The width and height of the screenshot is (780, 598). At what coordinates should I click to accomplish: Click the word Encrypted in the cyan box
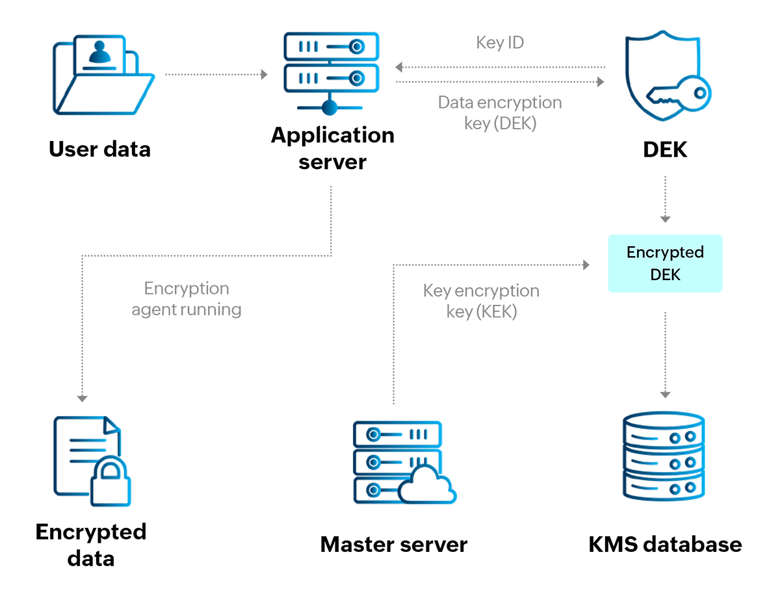665,253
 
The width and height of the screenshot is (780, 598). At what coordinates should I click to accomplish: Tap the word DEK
665,275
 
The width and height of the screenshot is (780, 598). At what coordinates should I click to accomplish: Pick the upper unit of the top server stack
331,46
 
